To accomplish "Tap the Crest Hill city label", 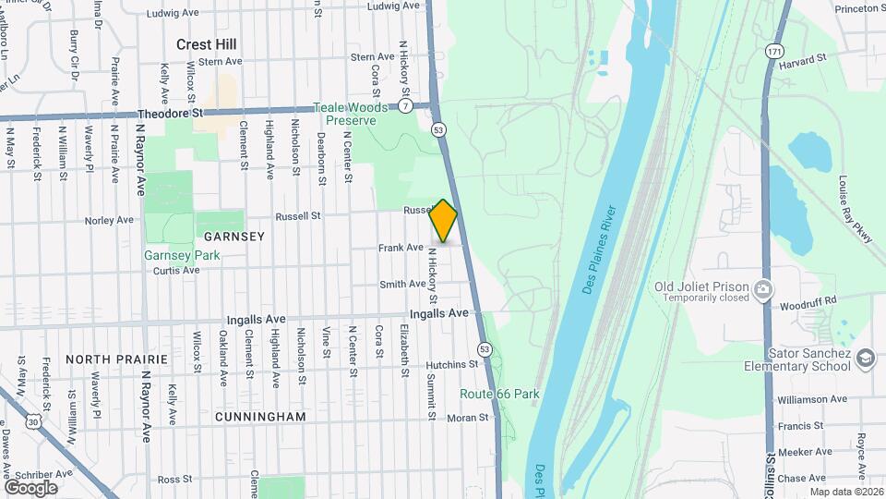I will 207,44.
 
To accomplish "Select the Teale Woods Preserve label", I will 345,114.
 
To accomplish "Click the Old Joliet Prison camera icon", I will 762,291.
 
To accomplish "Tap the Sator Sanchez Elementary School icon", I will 865,358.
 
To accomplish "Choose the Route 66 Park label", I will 500,394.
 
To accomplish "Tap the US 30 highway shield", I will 33,420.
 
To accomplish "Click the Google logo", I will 30,487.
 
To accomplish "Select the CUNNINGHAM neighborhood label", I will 260,417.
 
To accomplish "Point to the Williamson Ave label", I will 810,399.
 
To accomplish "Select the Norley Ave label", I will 110,220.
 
